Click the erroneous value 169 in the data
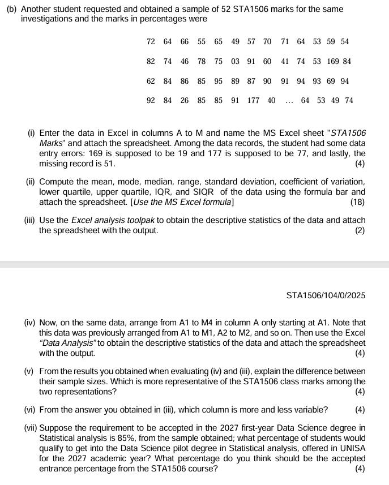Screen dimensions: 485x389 [332, 61]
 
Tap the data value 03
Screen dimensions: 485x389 [235, 61]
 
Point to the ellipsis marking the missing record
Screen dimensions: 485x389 [289, 101]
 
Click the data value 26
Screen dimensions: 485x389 [185, 101]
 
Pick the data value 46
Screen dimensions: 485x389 [185, 61]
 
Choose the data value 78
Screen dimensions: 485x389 [202, 61]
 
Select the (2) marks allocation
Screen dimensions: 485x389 [360, 230]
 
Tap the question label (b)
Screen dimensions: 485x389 [11, 10]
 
